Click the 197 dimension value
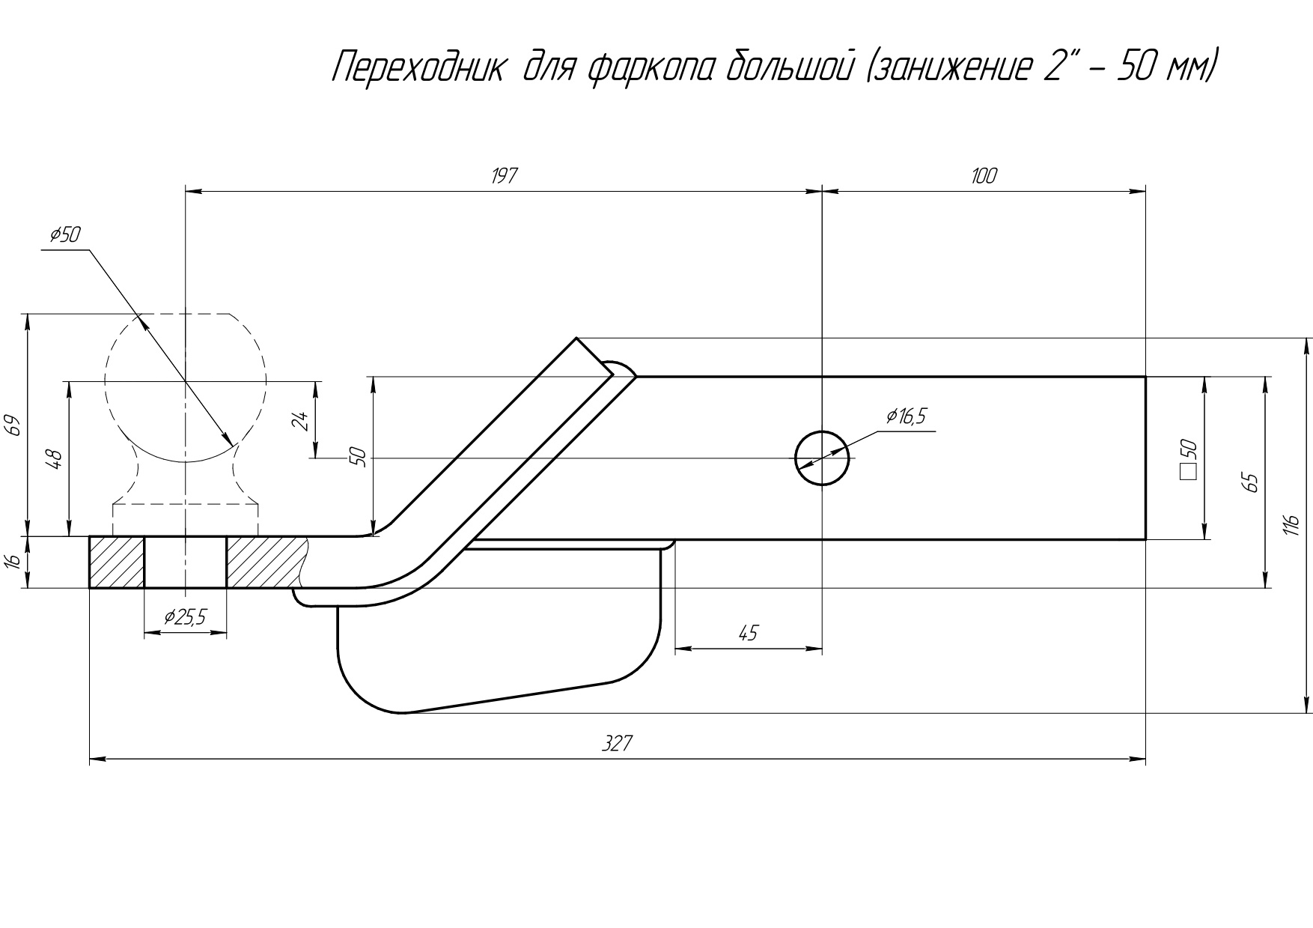tap(504, 177)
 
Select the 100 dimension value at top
tap(984, 176)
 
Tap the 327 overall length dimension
tap(617, 744)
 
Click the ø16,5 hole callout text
tap(905, 416)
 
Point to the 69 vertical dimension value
tap(12, 425)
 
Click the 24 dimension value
tap(299, 420)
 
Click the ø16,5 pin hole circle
tap(821, 458)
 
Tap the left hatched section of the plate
tap(117, 562)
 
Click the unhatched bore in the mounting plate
tap(185, 562)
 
